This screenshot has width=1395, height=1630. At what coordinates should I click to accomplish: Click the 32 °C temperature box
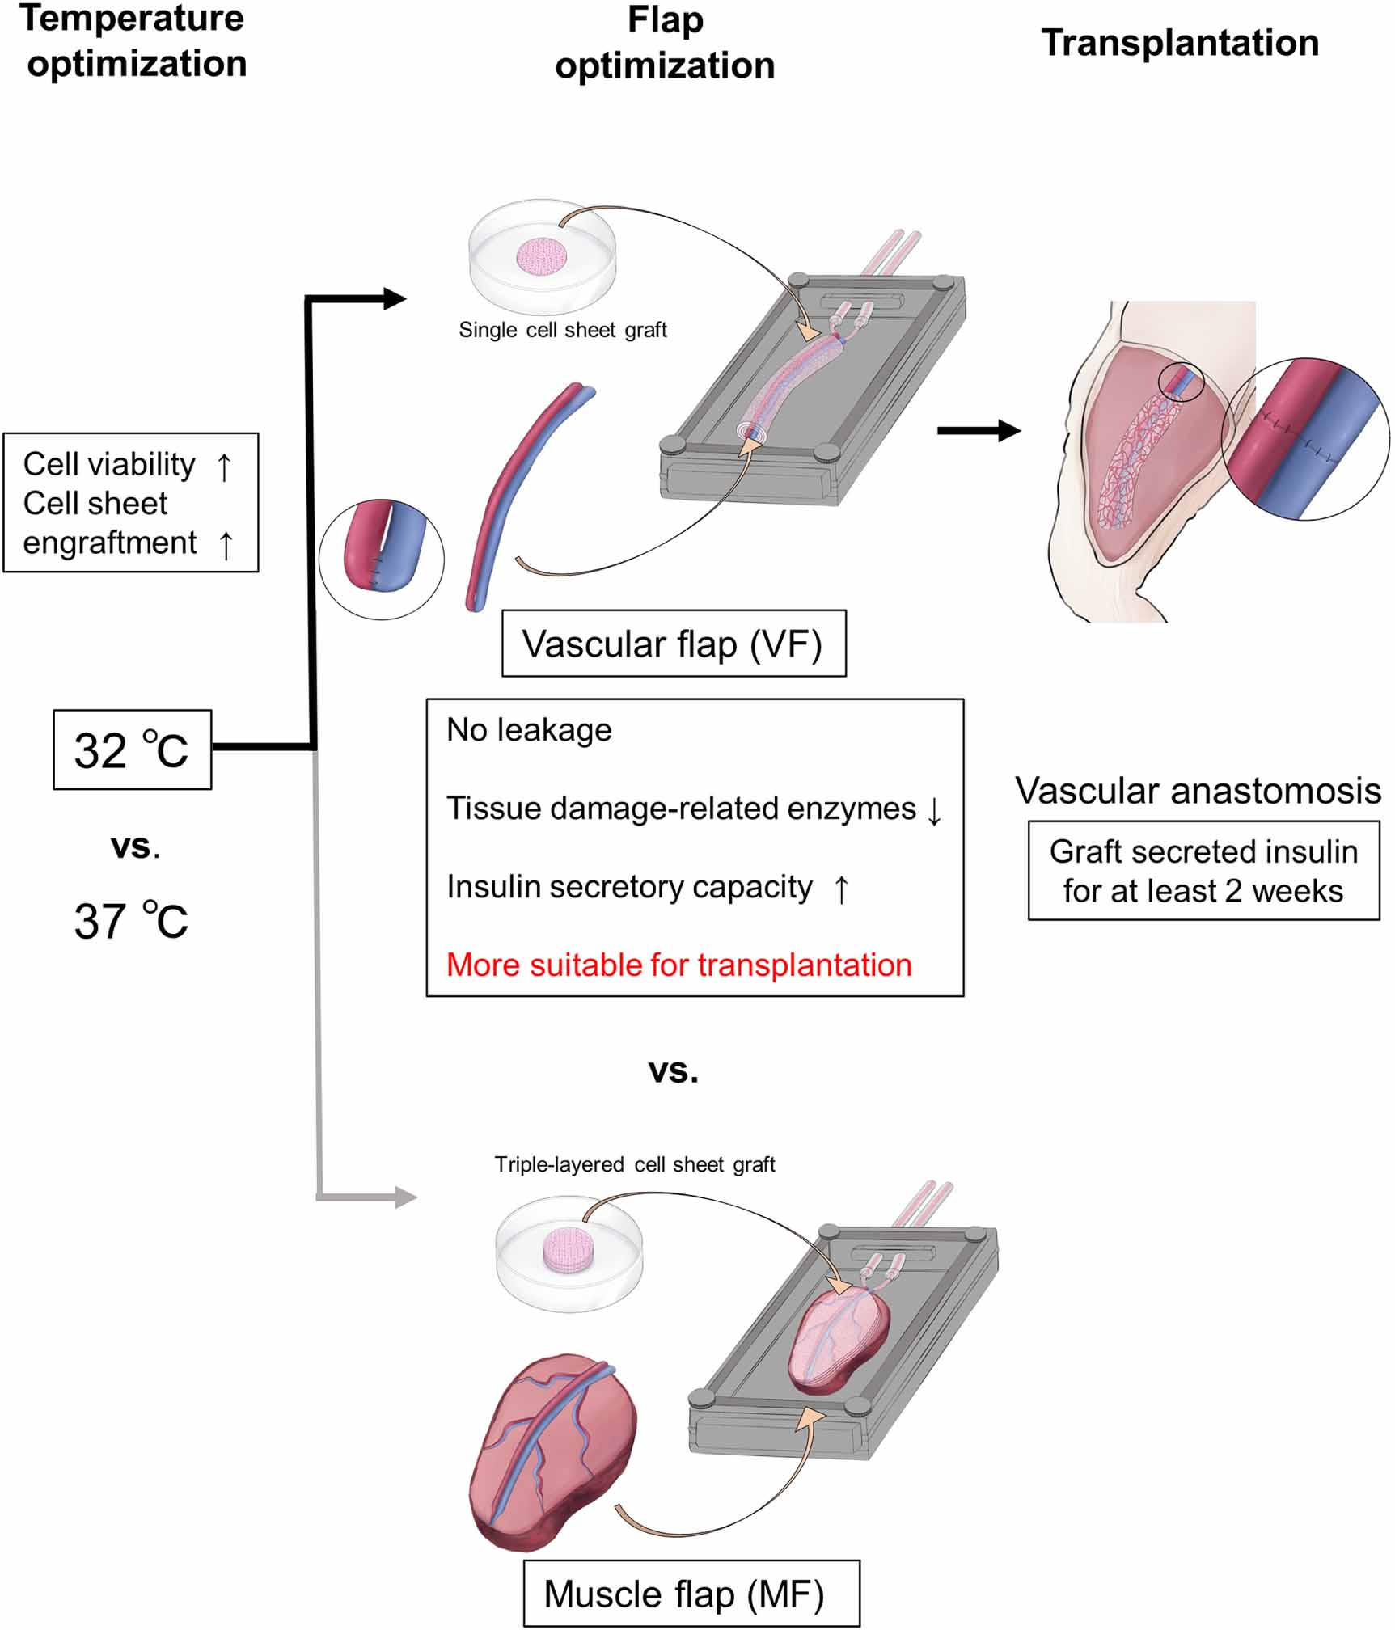[132, 750]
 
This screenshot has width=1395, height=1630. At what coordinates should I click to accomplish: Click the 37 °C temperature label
[132, 921]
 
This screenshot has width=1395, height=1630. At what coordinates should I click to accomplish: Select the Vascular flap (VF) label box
[673, 644]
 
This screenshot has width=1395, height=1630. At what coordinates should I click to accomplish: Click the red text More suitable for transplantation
[678, 965]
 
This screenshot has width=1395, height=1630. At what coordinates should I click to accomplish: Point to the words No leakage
[529, 730]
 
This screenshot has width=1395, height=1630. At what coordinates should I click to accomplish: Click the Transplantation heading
[1180, 43]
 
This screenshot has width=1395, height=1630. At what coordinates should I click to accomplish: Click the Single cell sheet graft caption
[563, 330]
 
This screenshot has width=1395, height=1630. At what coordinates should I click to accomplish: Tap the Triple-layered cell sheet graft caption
[635, 1164]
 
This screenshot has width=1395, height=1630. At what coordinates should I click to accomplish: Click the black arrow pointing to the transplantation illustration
[978, 430]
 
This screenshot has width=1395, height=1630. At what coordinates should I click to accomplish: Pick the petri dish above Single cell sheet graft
[542, 255]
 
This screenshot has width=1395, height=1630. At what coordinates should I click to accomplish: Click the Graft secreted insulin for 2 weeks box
[1203, 871]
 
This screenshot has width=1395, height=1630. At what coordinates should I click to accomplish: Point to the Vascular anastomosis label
[1198, 791]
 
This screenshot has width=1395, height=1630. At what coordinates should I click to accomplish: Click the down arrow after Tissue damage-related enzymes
[934, 810]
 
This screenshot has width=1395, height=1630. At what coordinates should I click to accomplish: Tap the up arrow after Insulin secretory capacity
[841, 889]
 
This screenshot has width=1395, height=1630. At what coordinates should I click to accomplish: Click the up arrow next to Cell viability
[224, 466]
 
